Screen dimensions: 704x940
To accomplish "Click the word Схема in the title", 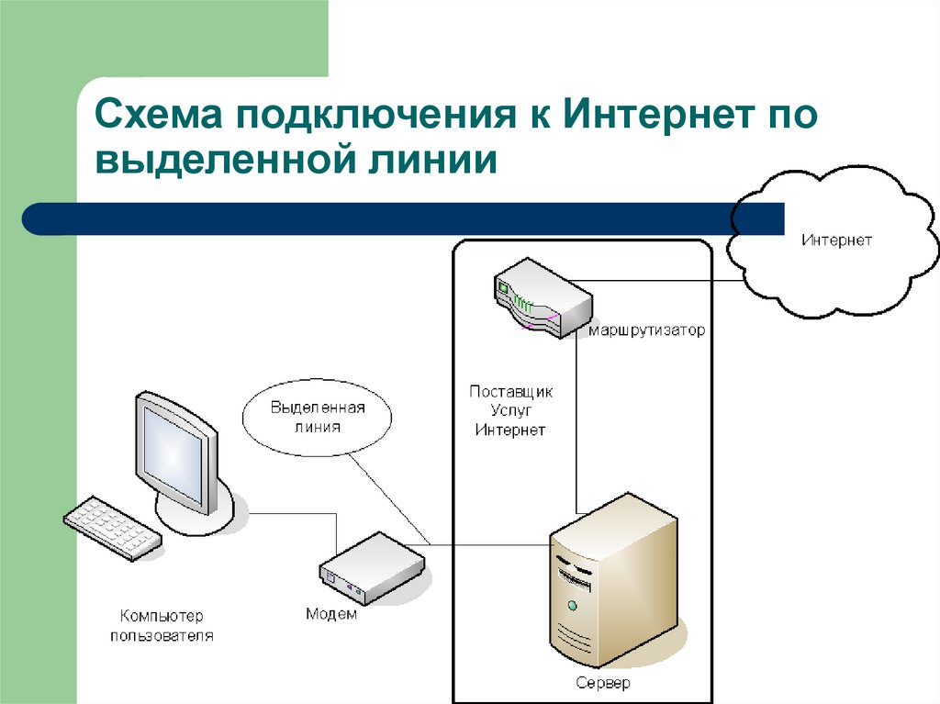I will tap(158, 117).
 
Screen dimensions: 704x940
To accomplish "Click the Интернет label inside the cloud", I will tap(836, 240).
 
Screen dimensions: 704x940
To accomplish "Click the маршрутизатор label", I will tap(647, 330).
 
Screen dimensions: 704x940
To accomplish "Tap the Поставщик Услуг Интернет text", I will tap(511, 410).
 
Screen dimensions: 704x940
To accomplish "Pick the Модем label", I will tap(331, 614).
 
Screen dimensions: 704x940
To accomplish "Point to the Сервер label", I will tap(603, 684).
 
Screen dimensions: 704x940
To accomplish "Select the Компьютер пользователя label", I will tap(162, 625).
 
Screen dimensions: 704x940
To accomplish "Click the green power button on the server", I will tap(573, 606).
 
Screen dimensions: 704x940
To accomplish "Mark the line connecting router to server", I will tap(576, 422).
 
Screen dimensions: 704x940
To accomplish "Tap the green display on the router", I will tap(503, 287).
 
